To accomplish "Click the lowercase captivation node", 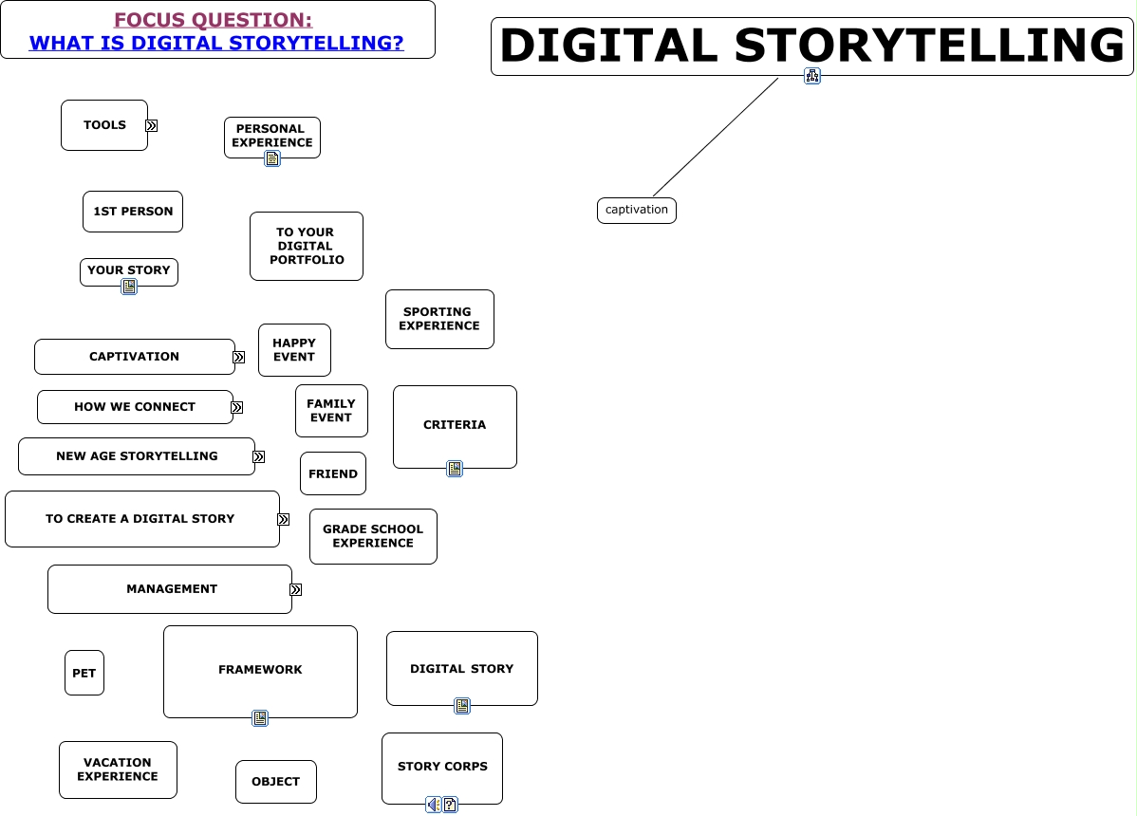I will (x=636, y=210).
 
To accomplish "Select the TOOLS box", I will (x=104, y=125).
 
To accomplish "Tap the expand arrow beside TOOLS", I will (x=152, y=125).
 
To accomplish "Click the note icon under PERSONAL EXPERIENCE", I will (x=272, y=158).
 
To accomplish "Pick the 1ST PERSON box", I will (x=133, y=212).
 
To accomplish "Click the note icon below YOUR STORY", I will (x=129, y=287).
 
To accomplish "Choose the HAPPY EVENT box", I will (x=294, y=350).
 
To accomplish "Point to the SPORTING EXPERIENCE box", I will (x=439, y=319).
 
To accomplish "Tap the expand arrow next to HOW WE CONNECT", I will (x=237, y=408).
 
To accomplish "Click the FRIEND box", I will (x=333, y=473).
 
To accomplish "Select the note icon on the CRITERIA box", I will (x=455, y=469).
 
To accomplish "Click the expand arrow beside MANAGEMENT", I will (x=296, y=590).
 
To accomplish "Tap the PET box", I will (x=84, y=673).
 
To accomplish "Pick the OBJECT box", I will (x=276, y=782).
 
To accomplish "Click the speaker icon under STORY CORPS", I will (x=433, y=805).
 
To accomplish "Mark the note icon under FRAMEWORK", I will (x=260, y=718).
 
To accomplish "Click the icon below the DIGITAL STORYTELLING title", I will (x=812, y=76).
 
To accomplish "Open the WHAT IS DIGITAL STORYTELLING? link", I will (x=216, y=43).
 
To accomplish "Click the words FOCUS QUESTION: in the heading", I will (x=213, y=20).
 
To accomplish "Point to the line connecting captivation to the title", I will (x=716, y=137).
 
